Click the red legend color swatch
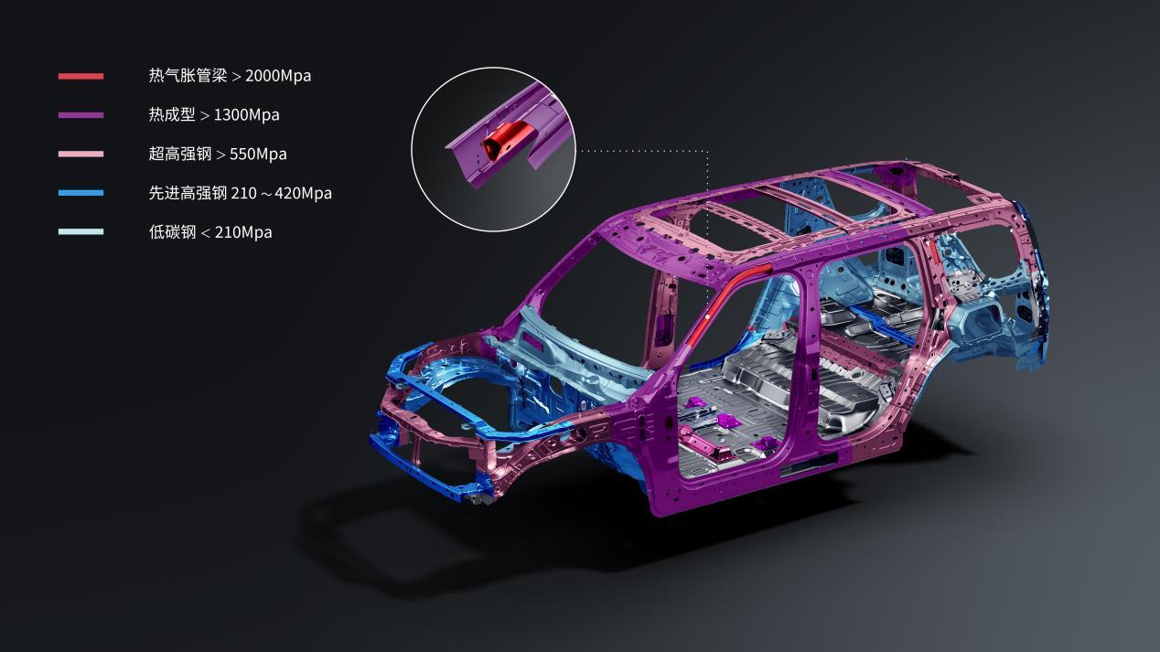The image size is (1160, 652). [81, 77]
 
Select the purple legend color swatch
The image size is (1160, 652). [81, 115]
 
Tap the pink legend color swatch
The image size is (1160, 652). [81, 155]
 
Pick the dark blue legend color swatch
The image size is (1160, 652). [81, 193]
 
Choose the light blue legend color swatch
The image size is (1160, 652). [81, 232]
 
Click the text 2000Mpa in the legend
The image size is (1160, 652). [278, 76]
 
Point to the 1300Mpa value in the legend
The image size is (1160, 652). [246, 115]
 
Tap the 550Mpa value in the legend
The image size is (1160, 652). [258, 155]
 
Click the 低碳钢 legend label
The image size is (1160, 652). [173, 232]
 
